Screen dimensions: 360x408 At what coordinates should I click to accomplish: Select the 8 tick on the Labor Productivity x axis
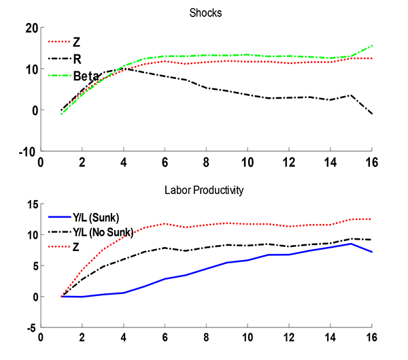click(x=206, y=338)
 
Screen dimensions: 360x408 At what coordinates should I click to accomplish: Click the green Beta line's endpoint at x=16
click(x=372, y=46)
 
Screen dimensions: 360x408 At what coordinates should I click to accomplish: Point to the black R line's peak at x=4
click(x=123, y=69)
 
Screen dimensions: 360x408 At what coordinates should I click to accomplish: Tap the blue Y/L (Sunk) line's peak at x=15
click(x=351, y=243)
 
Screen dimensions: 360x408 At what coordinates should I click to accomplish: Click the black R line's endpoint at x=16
click(x=372, y=114)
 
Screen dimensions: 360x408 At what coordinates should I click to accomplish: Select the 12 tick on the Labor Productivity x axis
click(x=289, y=338)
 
